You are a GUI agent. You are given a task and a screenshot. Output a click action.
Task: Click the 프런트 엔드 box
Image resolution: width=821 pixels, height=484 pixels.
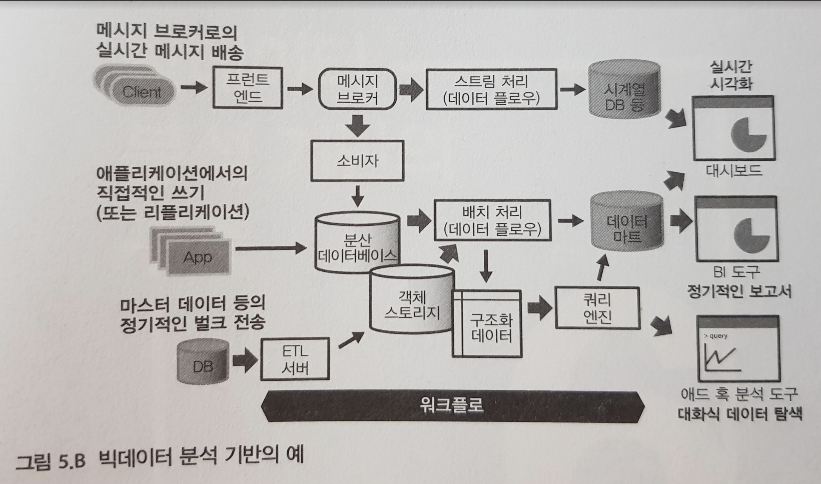(x=248, y=88)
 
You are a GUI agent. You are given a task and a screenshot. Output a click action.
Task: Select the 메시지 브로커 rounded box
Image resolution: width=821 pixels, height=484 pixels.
(x=357, y=89)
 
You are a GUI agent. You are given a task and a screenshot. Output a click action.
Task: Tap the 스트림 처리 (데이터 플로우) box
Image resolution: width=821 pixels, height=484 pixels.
(x=491, y=89)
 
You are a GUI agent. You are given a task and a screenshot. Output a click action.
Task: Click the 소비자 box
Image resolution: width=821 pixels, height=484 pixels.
(x=357, y=161)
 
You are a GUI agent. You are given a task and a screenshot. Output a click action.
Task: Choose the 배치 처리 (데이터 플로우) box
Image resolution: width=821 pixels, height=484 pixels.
(x=492, y=220)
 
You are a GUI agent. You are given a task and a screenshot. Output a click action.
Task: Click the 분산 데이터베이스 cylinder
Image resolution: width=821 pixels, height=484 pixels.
(x=357, y=245)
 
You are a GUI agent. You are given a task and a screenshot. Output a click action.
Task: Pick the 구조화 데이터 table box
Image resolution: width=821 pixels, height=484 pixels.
(x=487, y=326)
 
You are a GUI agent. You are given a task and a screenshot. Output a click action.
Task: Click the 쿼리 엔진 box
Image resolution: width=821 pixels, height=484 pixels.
(x=597, y=308)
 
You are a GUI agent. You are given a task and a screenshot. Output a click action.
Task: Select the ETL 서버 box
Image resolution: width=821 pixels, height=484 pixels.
(x=295, y=359)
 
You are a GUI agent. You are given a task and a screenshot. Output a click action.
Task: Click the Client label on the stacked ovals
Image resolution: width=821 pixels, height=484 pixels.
(x=142, y=93)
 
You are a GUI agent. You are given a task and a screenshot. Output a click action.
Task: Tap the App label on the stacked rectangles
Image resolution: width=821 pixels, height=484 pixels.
(x=197, y=258)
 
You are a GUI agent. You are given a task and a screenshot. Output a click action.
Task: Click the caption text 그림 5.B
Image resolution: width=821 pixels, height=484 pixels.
(x=50, y=462)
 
